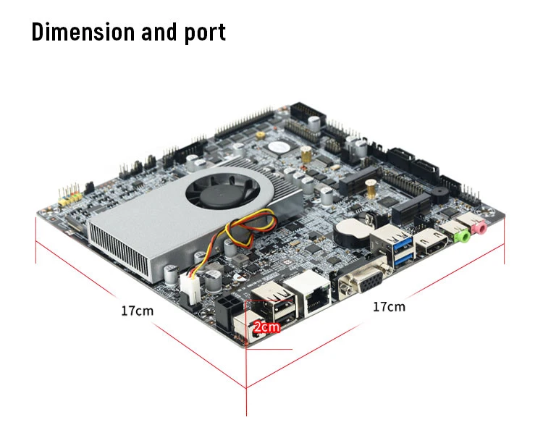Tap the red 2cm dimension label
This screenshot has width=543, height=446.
click(265, 327)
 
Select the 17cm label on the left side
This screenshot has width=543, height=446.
click(137, 311)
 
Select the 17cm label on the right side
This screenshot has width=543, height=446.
click(389, 306)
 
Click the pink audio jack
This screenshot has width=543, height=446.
click(479, 230)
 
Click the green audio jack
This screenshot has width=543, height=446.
click(459, 234)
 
